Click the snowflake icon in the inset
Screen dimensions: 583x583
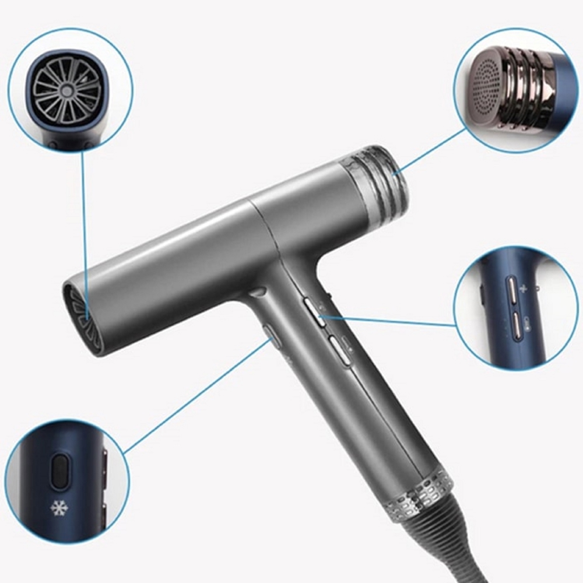(x=59, y=508)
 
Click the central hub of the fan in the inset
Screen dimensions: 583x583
(x=67, y=91)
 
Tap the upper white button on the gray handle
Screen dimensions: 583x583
(x=315, y=311)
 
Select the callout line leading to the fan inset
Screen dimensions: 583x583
(x=85, y=233)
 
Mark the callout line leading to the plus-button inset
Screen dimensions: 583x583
(x=391, y=321)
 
